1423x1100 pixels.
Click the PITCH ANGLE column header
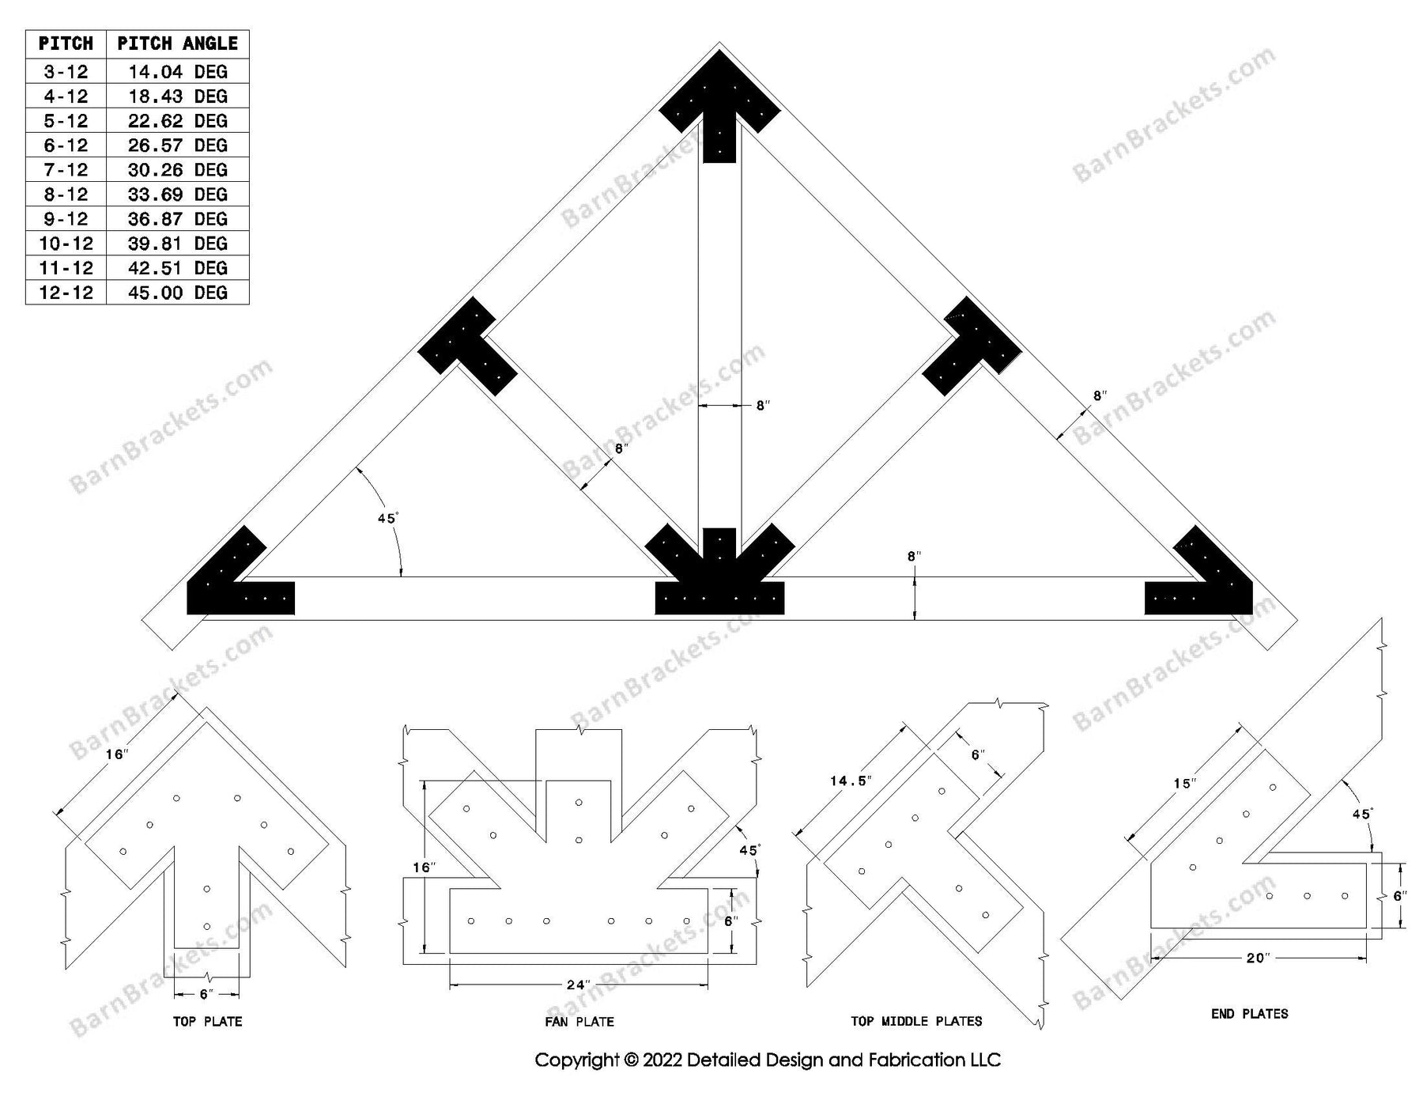[177, 43]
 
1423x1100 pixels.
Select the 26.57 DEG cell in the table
[177, 146]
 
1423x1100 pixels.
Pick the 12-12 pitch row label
[66, 293]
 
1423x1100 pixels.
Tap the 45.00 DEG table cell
[177, 293]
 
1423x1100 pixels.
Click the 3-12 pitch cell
[66, 72]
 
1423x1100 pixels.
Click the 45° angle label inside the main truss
[387, 519]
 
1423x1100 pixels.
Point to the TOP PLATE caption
[207, 1022]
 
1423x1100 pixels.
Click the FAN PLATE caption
[579, 1022]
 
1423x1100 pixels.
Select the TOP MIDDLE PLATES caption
[916, 1022]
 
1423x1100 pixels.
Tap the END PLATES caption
[1249, 1014]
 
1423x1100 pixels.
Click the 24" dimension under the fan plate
[578, 985]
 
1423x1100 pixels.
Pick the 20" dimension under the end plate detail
[1257, 958]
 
